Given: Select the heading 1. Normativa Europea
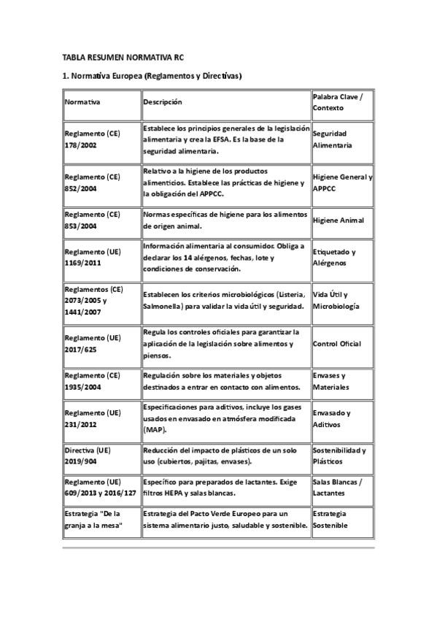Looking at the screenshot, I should pyautogui.click(x=152, y=76).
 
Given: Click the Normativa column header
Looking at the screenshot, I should pyautogui.click(x=82, y=102).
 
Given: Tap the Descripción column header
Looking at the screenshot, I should pyautogui.click(x=163, y=102).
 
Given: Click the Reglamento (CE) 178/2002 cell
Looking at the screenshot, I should pyautogui.click(x=92, y=139).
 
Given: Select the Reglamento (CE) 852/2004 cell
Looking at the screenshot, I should pyautogui.click(x=92, y=182).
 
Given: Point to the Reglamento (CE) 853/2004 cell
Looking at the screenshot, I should pyautogui.click(x=92, y=220).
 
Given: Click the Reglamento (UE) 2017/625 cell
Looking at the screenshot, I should pyautogui.click(x=92, y=343).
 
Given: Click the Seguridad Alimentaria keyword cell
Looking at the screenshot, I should pyautogui.click(x=332, y=139).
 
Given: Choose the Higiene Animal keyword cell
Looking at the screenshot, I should pyautogui.click(x=338, y=220).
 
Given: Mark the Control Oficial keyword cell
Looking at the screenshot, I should pyautogui.click(x=336, y=343).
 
